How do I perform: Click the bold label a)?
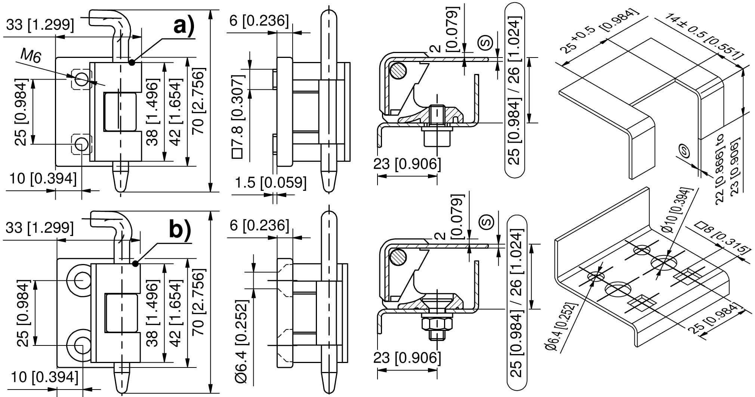point(184,27)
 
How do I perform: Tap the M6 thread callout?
point(31,56)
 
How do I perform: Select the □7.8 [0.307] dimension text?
point(238,117)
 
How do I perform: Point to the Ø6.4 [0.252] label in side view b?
point(241,341)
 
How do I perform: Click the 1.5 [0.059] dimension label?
point(271,183)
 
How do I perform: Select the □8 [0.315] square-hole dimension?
point(722,238)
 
